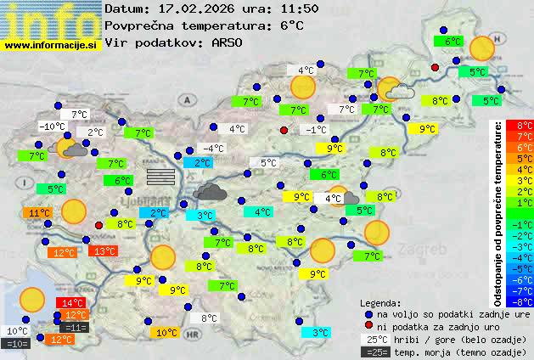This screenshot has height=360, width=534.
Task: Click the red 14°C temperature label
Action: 71,303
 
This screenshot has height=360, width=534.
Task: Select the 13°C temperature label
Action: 104,250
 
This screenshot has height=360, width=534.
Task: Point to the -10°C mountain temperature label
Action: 52,127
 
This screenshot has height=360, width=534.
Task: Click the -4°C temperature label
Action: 212,149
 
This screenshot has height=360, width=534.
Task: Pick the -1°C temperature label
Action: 316,129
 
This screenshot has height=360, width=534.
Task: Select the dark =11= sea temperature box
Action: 74,327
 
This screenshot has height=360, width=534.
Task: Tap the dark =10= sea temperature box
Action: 17,343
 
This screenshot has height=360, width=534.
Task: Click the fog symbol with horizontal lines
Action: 160,176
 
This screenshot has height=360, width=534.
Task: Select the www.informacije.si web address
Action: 51,44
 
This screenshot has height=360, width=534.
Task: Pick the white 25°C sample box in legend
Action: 376,339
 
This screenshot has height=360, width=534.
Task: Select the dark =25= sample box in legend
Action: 376,352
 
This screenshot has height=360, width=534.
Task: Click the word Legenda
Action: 381,302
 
